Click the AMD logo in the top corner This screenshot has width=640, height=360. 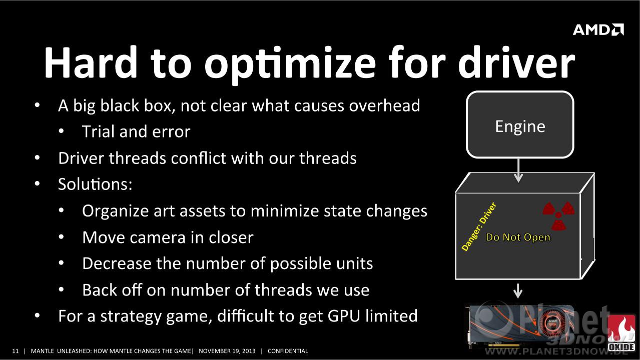(x=598, y=29)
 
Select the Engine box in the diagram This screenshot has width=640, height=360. (x=520, y=124)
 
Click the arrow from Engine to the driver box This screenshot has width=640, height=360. (x=518, y=170)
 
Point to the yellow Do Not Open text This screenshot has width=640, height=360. (x=518, y=237)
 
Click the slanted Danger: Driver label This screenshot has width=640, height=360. (x=479, y=227)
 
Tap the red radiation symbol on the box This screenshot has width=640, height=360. (x=558, y=215)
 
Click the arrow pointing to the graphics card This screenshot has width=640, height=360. (x=518, y=291)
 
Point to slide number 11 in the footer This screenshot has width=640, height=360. (x=16, y=351)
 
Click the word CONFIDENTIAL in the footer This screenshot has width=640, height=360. (x=288, y=351)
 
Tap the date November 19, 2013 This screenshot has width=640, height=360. (x=227, y=351)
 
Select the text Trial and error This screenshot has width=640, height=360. (x=136, y=131)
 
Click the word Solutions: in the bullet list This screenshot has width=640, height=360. (x=96, y=184)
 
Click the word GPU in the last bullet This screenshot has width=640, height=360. (x=343, y=316)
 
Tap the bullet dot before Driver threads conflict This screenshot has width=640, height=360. (x=37, y=158)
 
